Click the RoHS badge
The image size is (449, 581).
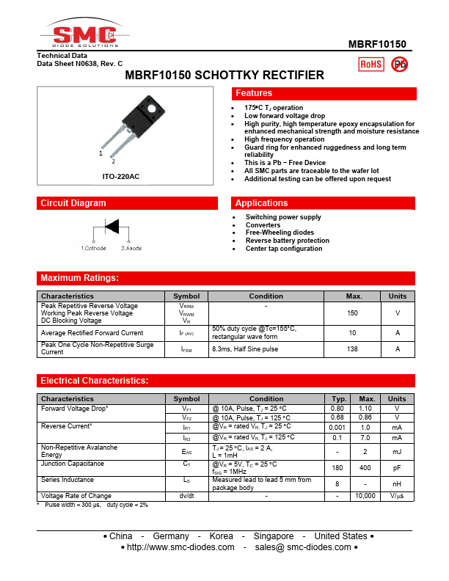pyautogui.click(x=370, y=65)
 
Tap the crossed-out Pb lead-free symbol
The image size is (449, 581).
pyautogui.click(x=400, y=65)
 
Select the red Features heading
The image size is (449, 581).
pyautogui.click(x=254, y=93)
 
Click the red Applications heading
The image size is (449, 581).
pyautogui.click(x=262, y=203)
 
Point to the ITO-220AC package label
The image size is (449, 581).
pyautogui.click(x=121, y=177)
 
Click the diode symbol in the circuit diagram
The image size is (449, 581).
pyautogui.click(x=112, y=227)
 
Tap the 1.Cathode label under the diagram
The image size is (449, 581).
pyautogui.click(x=94, y=249)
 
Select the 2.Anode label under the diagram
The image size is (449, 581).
pyautogui.click(x=131, y=249)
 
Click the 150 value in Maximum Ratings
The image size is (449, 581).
pyautogui.click(x=353, y=313)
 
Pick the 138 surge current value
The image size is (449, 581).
pyautogui.click(x=353, y=348)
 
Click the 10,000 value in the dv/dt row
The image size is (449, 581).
pyautogui.click(x=365, y=496)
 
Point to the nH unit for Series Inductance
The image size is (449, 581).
pyautogui.click(x=397, y=483)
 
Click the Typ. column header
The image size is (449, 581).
pyautogui.click(x=339, y=399)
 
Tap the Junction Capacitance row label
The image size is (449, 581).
pyautogui.click(x=72, y=464)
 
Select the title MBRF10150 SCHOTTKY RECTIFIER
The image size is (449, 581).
pyautogui.click(x=224, y=75)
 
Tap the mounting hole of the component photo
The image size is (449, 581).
pyautogui.click(x=152, y=109)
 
